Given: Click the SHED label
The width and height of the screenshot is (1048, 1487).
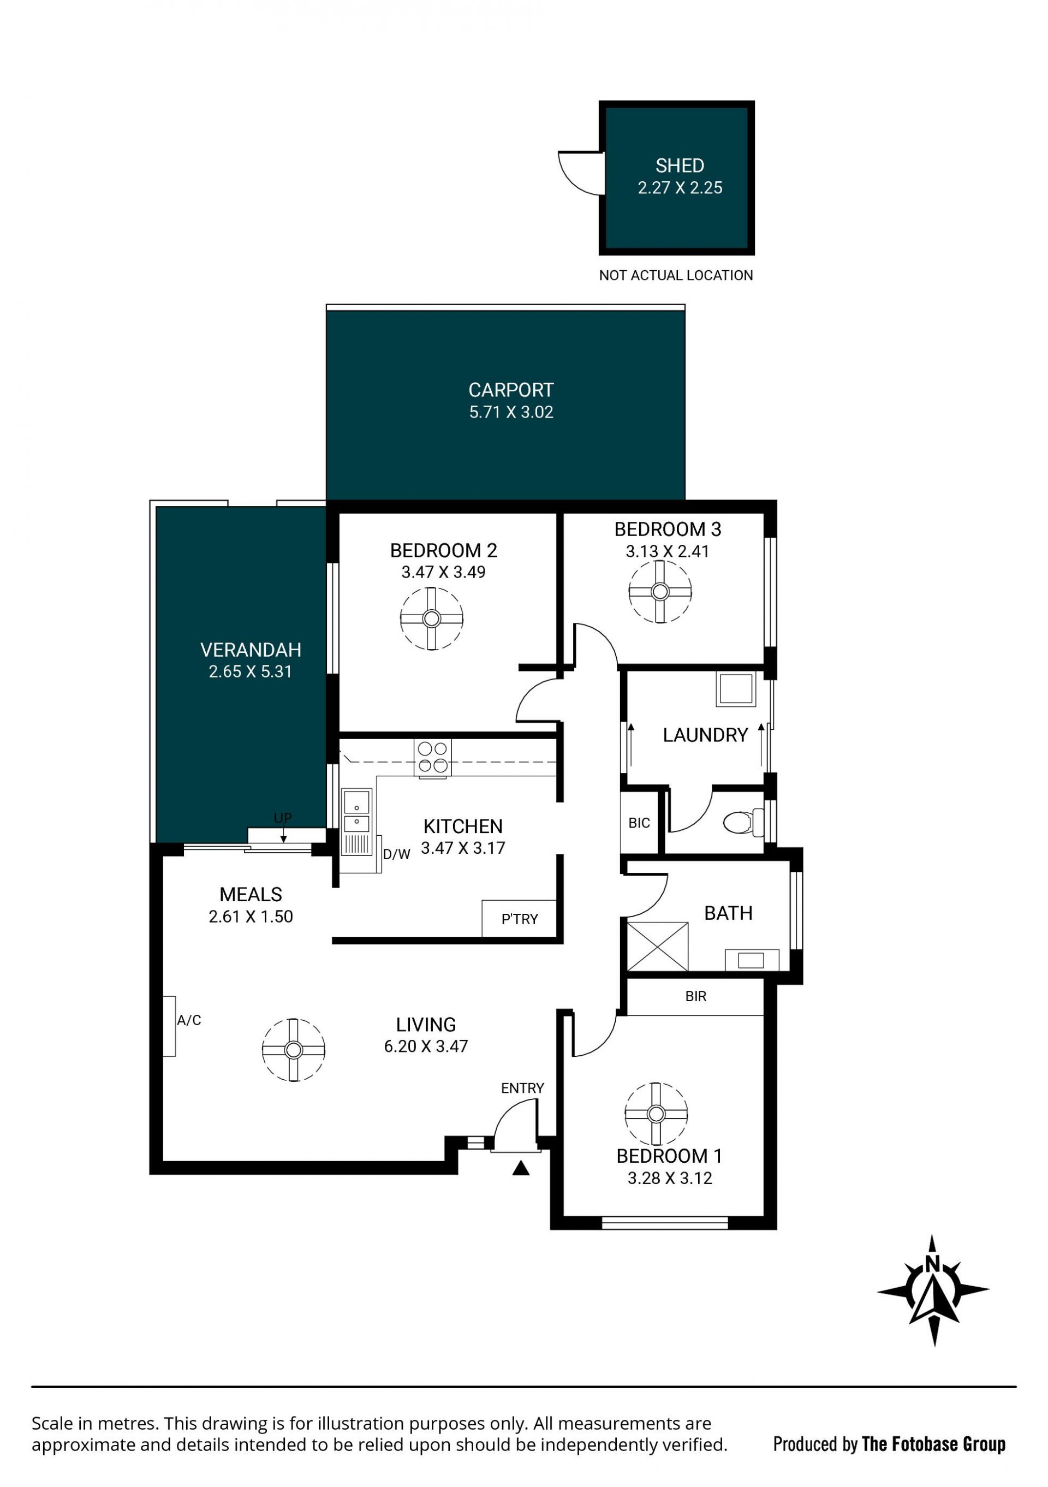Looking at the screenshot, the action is (680, 166).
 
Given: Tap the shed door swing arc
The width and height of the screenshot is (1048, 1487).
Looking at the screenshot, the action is (570, 181).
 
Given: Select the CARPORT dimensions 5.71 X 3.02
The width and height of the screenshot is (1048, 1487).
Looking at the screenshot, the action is (511, 412).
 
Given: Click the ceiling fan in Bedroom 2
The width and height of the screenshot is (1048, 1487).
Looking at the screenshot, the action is (431, 618).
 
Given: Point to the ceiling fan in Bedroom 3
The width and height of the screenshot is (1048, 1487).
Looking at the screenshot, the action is (660, 591).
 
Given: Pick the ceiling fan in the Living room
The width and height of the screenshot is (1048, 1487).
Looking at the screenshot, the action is (294, 1050).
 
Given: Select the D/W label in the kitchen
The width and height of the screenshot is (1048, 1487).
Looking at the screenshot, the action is (396, 854).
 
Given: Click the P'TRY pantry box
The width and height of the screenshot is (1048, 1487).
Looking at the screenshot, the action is (520, 918).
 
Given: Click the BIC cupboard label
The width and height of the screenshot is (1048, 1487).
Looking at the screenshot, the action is (639, 823).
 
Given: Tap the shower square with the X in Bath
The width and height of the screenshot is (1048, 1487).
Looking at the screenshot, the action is (657, 946).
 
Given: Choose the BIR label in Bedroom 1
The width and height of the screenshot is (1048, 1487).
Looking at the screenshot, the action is (695, 996).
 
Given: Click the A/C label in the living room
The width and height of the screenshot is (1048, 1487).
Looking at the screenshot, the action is (189, 1020).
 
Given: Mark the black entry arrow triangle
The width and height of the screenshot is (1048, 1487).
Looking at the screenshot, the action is (521, 1168).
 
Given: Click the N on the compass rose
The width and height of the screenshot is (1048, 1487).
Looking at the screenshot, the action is (932, 1264).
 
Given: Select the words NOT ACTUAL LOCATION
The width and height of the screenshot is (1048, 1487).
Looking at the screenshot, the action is (676, 275).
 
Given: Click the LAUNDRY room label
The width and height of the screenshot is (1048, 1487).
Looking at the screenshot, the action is (705, 735).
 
